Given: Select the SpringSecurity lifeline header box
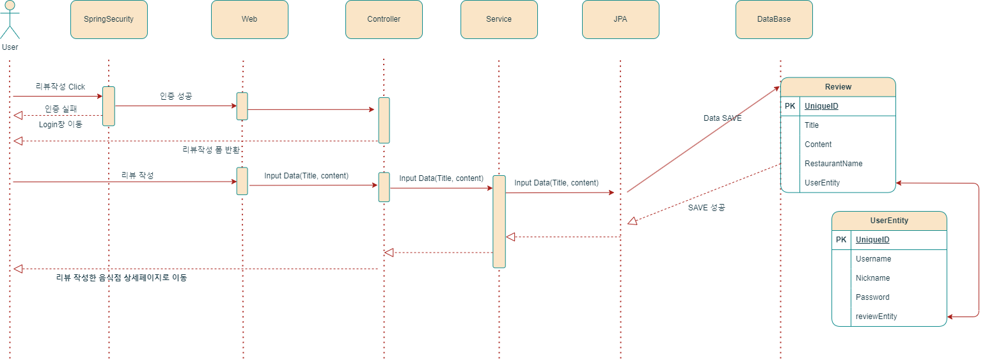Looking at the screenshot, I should [109, 19].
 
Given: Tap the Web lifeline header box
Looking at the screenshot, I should [249, 19].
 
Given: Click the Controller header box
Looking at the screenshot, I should [384, 19].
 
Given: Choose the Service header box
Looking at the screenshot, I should [499, 19].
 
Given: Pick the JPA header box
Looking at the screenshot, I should [620, 19].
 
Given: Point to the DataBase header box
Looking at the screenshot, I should [774, 19].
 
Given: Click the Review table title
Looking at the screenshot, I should [838, 87].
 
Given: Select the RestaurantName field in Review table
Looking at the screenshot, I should [833, 164].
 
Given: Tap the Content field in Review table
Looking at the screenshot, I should [818, 145].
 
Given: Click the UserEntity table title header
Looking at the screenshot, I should [889, 221].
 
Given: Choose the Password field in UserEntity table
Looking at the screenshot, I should [872, 297].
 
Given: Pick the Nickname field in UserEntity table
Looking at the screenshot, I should [872, 278].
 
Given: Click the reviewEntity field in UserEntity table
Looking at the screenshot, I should [876, 317].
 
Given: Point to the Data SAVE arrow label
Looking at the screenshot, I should [722, 118].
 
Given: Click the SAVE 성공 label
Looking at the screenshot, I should [706, 208].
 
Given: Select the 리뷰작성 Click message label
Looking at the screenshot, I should [60, 87].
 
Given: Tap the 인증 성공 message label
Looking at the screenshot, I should [176, 96].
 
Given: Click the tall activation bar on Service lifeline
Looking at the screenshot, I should [499, 221].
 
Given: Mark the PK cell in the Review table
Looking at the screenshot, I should [790, 106].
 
